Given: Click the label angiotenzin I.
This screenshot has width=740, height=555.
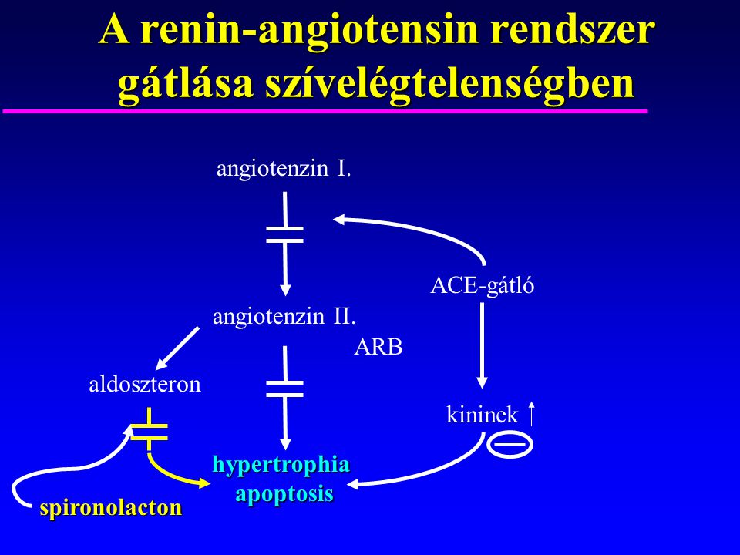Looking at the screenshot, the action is point(284,169).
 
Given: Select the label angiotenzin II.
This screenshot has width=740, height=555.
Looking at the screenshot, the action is point(284,316).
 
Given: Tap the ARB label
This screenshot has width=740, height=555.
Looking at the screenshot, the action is point(378,348).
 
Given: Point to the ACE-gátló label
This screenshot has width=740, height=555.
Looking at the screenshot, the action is point(483,285).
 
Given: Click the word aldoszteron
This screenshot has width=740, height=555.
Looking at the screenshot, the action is point(145,384).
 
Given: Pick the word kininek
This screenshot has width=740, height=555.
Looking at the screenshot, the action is point(483,415).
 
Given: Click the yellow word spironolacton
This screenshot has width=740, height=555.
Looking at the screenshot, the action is point(111,508).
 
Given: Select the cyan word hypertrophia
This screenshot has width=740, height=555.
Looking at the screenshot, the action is point(281,464).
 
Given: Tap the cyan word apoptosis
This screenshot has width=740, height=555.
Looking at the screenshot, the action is point(284,494).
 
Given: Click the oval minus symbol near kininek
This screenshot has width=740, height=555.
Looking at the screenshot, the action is point(510,445).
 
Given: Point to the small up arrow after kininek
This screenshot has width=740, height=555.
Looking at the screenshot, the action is point(531,413).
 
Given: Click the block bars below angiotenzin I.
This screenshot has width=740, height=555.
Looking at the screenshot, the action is point(284,234).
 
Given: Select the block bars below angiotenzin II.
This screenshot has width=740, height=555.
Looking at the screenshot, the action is point(284,388).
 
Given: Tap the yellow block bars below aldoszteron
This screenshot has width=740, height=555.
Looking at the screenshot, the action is point(149,432).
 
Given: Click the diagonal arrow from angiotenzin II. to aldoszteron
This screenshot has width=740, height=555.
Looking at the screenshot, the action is point(177,348).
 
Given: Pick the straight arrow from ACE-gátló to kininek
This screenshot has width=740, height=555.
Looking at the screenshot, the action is point(482,345).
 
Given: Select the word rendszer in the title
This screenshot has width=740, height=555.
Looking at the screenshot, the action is point(573,29).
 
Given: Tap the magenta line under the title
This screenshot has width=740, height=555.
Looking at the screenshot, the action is point(325,111).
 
